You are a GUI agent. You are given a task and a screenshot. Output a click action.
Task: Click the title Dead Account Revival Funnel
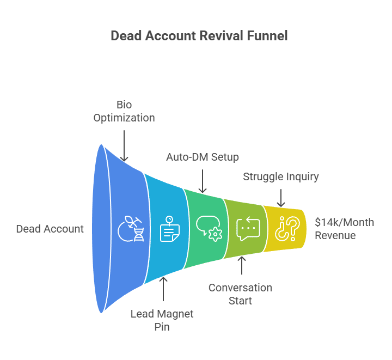point(199,36)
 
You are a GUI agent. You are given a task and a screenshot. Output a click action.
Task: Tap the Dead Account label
point(50,229)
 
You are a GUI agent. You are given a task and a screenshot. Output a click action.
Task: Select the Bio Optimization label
point(124,111)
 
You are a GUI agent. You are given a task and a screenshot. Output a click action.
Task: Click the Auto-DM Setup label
point(203,157)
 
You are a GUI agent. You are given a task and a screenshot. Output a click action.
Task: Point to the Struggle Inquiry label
point(281,176)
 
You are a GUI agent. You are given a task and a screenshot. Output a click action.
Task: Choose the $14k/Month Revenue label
point(344,229)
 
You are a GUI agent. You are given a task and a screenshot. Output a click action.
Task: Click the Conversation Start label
point(240,294)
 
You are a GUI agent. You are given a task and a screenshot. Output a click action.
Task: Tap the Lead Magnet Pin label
point(162,320)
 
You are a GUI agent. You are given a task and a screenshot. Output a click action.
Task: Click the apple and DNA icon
point(131,229)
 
